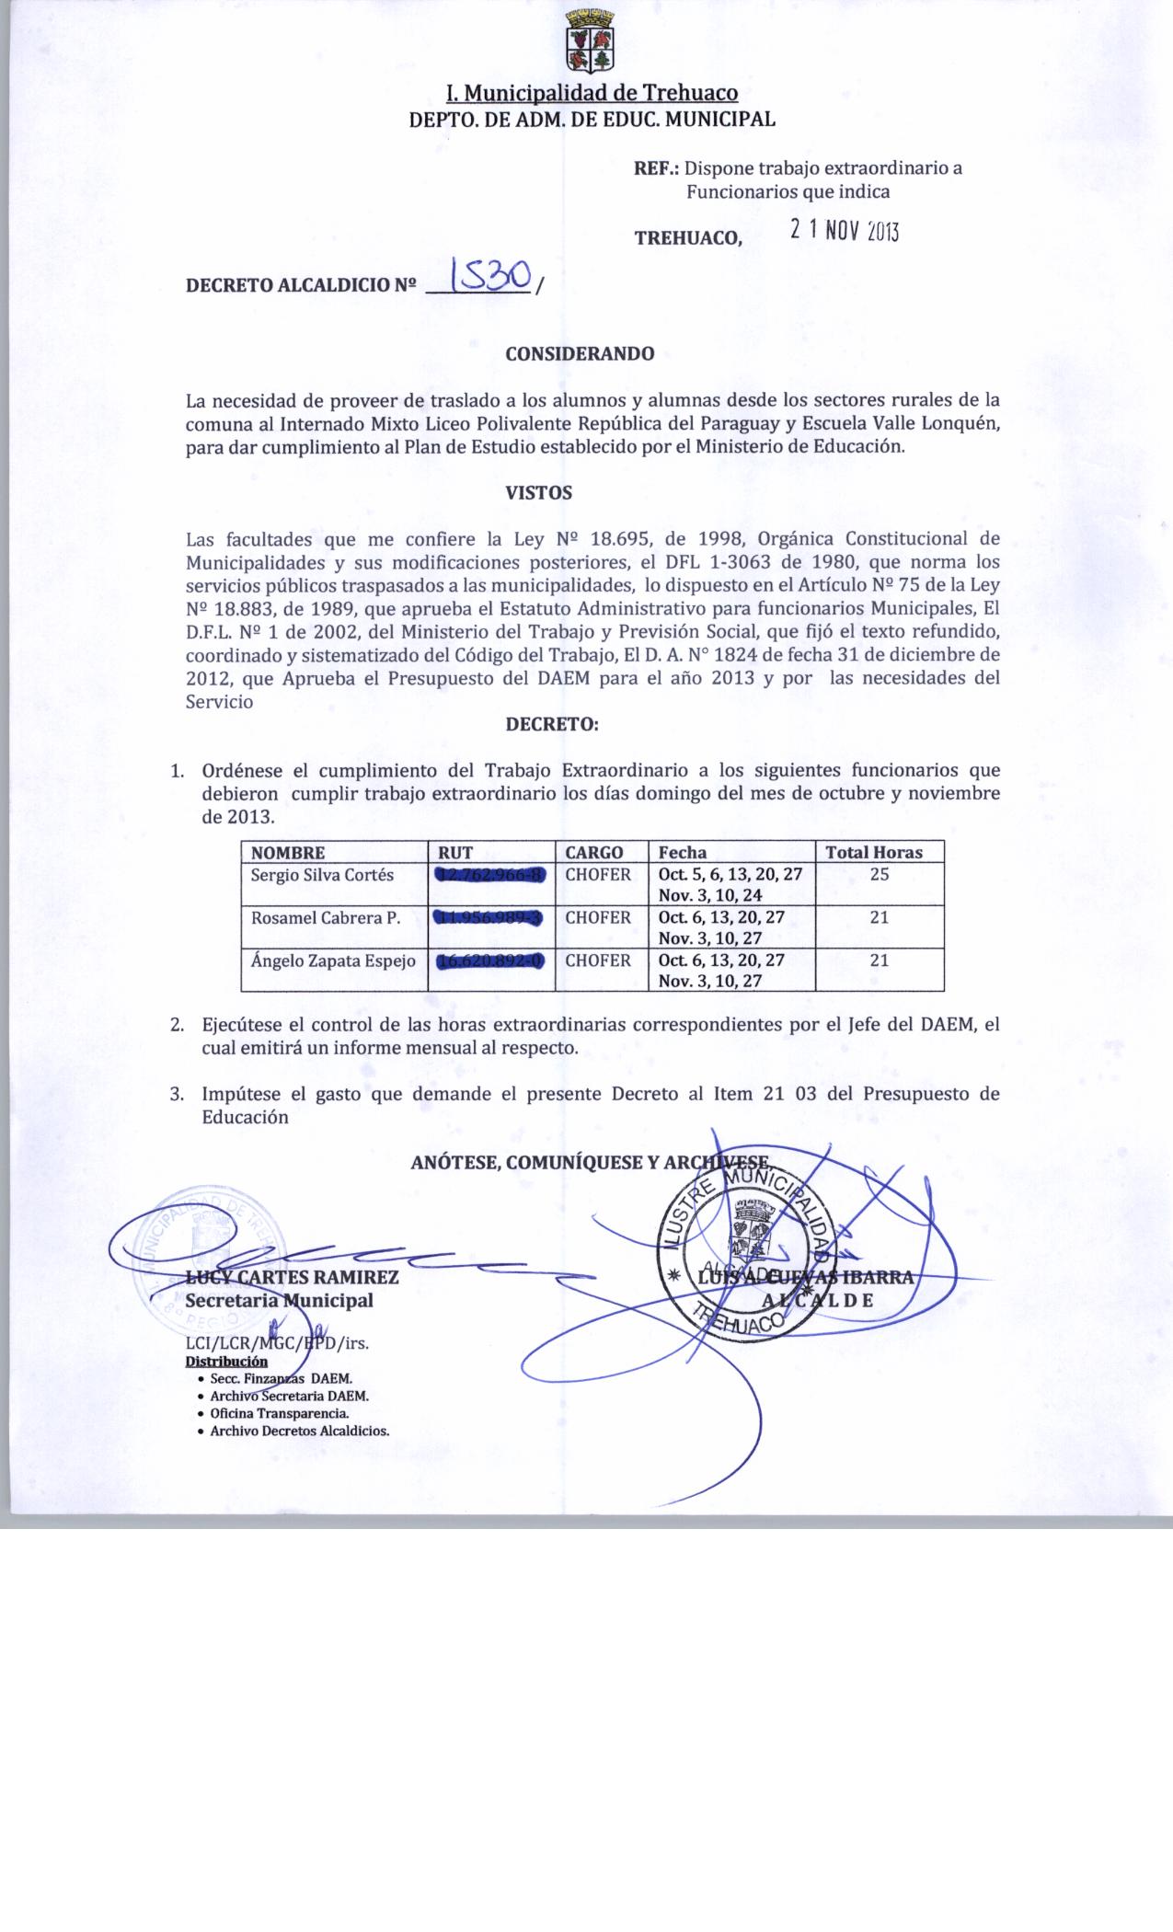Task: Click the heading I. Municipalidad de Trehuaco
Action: (592, 93)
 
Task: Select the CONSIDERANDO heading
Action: (580, 354)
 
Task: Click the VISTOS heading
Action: (539, 493)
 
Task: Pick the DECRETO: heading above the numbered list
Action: (552, 724)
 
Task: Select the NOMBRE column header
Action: (288, 852)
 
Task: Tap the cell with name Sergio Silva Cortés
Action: (322, 875)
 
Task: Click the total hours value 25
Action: (880, 875)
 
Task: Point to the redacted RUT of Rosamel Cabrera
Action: (490, 917)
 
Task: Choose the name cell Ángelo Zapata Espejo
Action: (333, 960)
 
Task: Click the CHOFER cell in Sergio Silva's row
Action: (598, 875)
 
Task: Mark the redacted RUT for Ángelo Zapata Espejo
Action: (490, 960)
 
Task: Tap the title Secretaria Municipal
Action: (279, 1300)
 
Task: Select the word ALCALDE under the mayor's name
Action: (818, 1300)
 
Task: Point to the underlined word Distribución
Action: (226, 1362)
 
